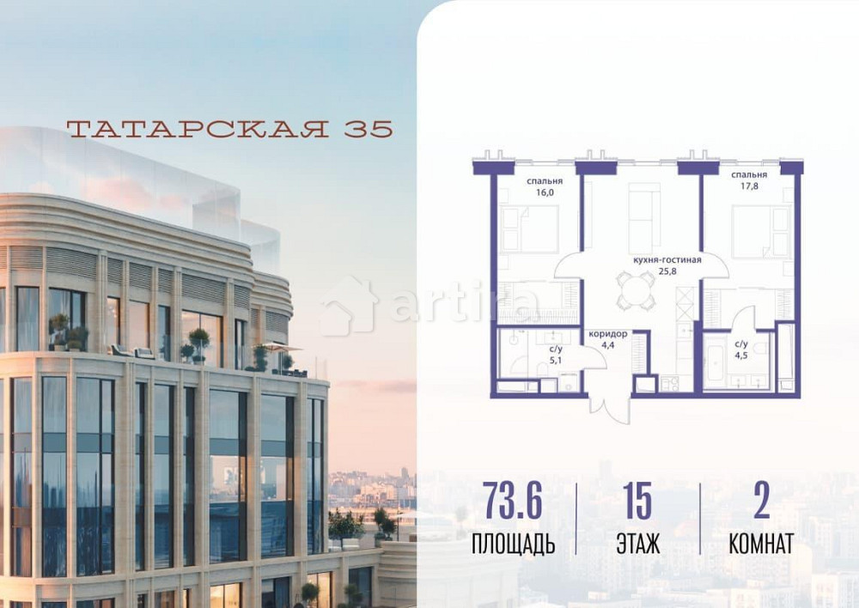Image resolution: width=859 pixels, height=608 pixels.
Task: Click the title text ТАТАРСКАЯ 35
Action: coord(229,129)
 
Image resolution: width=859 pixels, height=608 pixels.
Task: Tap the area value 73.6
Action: coord(513,502)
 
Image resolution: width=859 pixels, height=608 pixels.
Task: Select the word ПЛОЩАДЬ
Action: coord(513,544)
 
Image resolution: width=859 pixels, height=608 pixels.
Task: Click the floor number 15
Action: coord(637,502)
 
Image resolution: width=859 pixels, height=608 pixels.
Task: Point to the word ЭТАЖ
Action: coord(637,544)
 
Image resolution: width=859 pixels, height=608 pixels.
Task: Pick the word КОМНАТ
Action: coord(761,544)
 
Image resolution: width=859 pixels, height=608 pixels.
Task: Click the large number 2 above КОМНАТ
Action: coord(761,502)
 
